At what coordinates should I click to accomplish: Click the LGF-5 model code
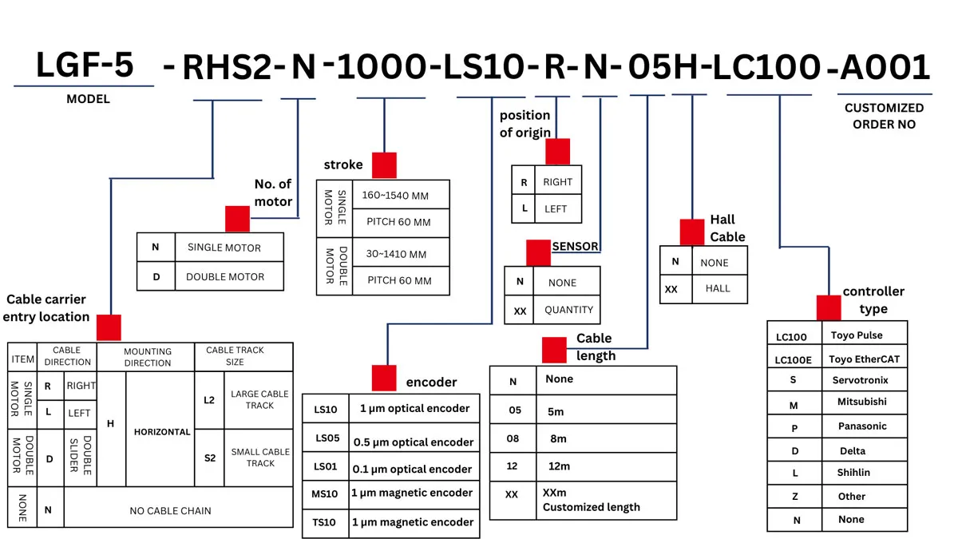(x=85, y=65)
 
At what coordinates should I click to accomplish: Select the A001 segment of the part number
(x=885, y=67)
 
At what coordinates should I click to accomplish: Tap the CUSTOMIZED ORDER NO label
(x=884, y=116)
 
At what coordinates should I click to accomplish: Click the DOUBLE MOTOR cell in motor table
(x=229, y=276)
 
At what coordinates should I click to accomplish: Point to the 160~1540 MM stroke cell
(x=401, y=195)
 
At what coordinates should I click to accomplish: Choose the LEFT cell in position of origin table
(x=558, y=208)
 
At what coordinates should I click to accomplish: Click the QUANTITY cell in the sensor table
(x=567, y=309)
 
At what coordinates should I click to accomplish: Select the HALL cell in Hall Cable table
(x=719, y=289)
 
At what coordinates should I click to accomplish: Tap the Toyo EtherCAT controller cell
(x=864, y=359)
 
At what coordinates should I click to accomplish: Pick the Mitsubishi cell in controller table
(x=864, y=402)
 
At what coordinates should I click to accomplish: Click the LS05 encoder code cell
(x=326, y=438)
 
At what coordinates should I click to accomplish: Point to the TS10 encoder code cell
(x=326, y=523)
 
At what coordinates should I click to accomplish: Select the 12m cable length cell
(x=606, y=466)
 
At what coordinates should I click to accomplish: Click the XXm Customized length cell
(x=606, y=500)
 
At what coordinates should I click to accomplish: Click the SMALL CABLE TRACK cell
(x=259, y=458)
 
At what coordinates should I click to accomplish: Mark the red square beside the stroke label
(x=384, y=165)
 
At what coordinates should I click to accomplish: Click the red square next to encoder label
(x=384, y=378)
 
